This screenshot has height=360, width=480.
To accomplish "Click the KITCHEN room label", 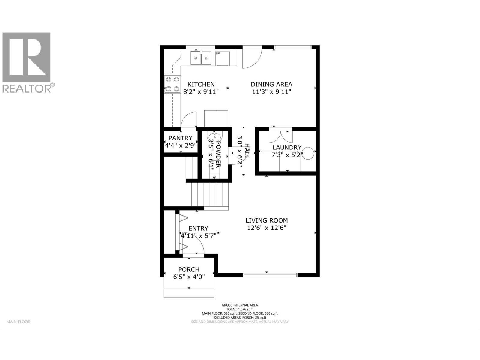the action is point(201,84).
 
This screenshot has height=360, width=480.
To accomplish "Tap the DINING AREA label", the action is point(271,84).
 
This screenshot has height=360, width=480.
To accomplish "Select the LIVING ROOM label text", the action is point(267,220).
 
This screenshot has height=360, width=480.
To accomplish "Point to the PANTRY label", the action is point(180,138).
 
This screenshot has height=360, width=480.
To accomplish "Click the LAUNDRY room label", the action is point(287,148).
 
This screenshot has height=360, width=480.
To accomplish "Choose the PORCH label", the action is point(189,270).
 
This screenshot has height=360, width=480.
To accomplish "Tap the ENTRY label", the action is point(198,229).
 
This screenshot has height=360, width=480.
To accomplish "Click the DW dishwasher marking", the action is point(218,54).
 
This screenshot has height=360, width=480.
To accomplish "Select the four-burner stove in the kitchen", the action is point(172,84).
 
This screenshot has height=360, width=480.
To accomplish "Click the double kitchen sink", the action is point(201,58).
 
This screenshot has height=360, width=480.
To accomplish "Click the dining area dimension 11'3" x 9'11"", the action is point(271,92).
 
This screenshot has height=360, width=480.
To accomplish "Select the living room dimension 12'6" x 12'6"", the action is point(267,228).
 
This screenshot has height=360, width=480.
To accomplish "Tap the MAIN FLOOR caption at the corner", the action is point(18,322).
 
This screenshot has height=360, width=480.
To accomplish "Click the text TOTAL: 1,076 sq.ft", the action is point(240,309).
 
